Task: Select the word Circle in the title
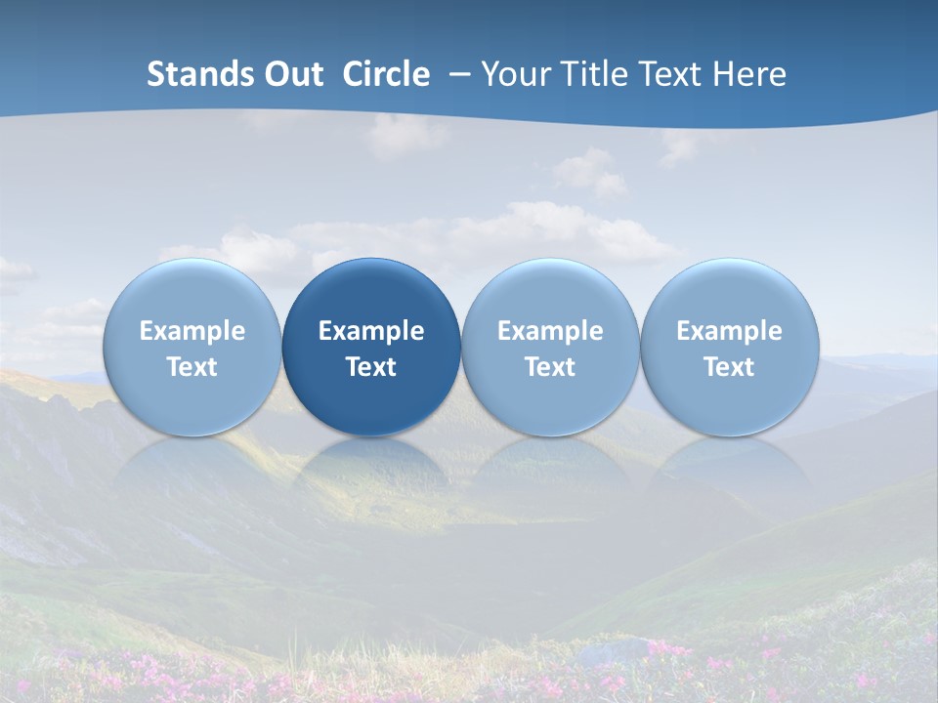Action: tap(386, 74)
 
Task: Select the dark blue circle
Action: tap(371, 347)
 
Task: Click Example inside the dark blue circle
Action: tap(371, 331)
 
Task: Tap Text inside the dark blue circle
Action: tap(371, 367)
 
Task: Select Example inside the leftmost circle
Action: tap(192, 331)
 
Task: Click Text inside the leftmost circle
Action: tap(192, 367)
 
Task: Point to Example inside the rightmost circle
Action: tap(730, 331)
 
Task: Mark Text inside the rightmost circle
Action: tap(730, 367)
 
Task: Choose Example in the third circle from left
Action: tap(550, 331)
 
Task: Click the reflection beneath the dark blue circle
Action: tap(371, 469)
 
